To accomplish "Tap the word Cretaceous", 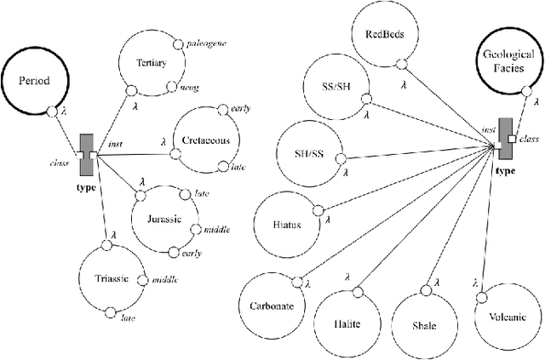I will [x=205, y=140].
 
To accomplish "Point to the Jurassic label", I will [x=164, y=219].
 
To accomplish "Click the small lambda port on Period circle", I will [x=51, y=111].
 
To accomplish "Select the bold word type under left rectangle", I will [x=86, y=186].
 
